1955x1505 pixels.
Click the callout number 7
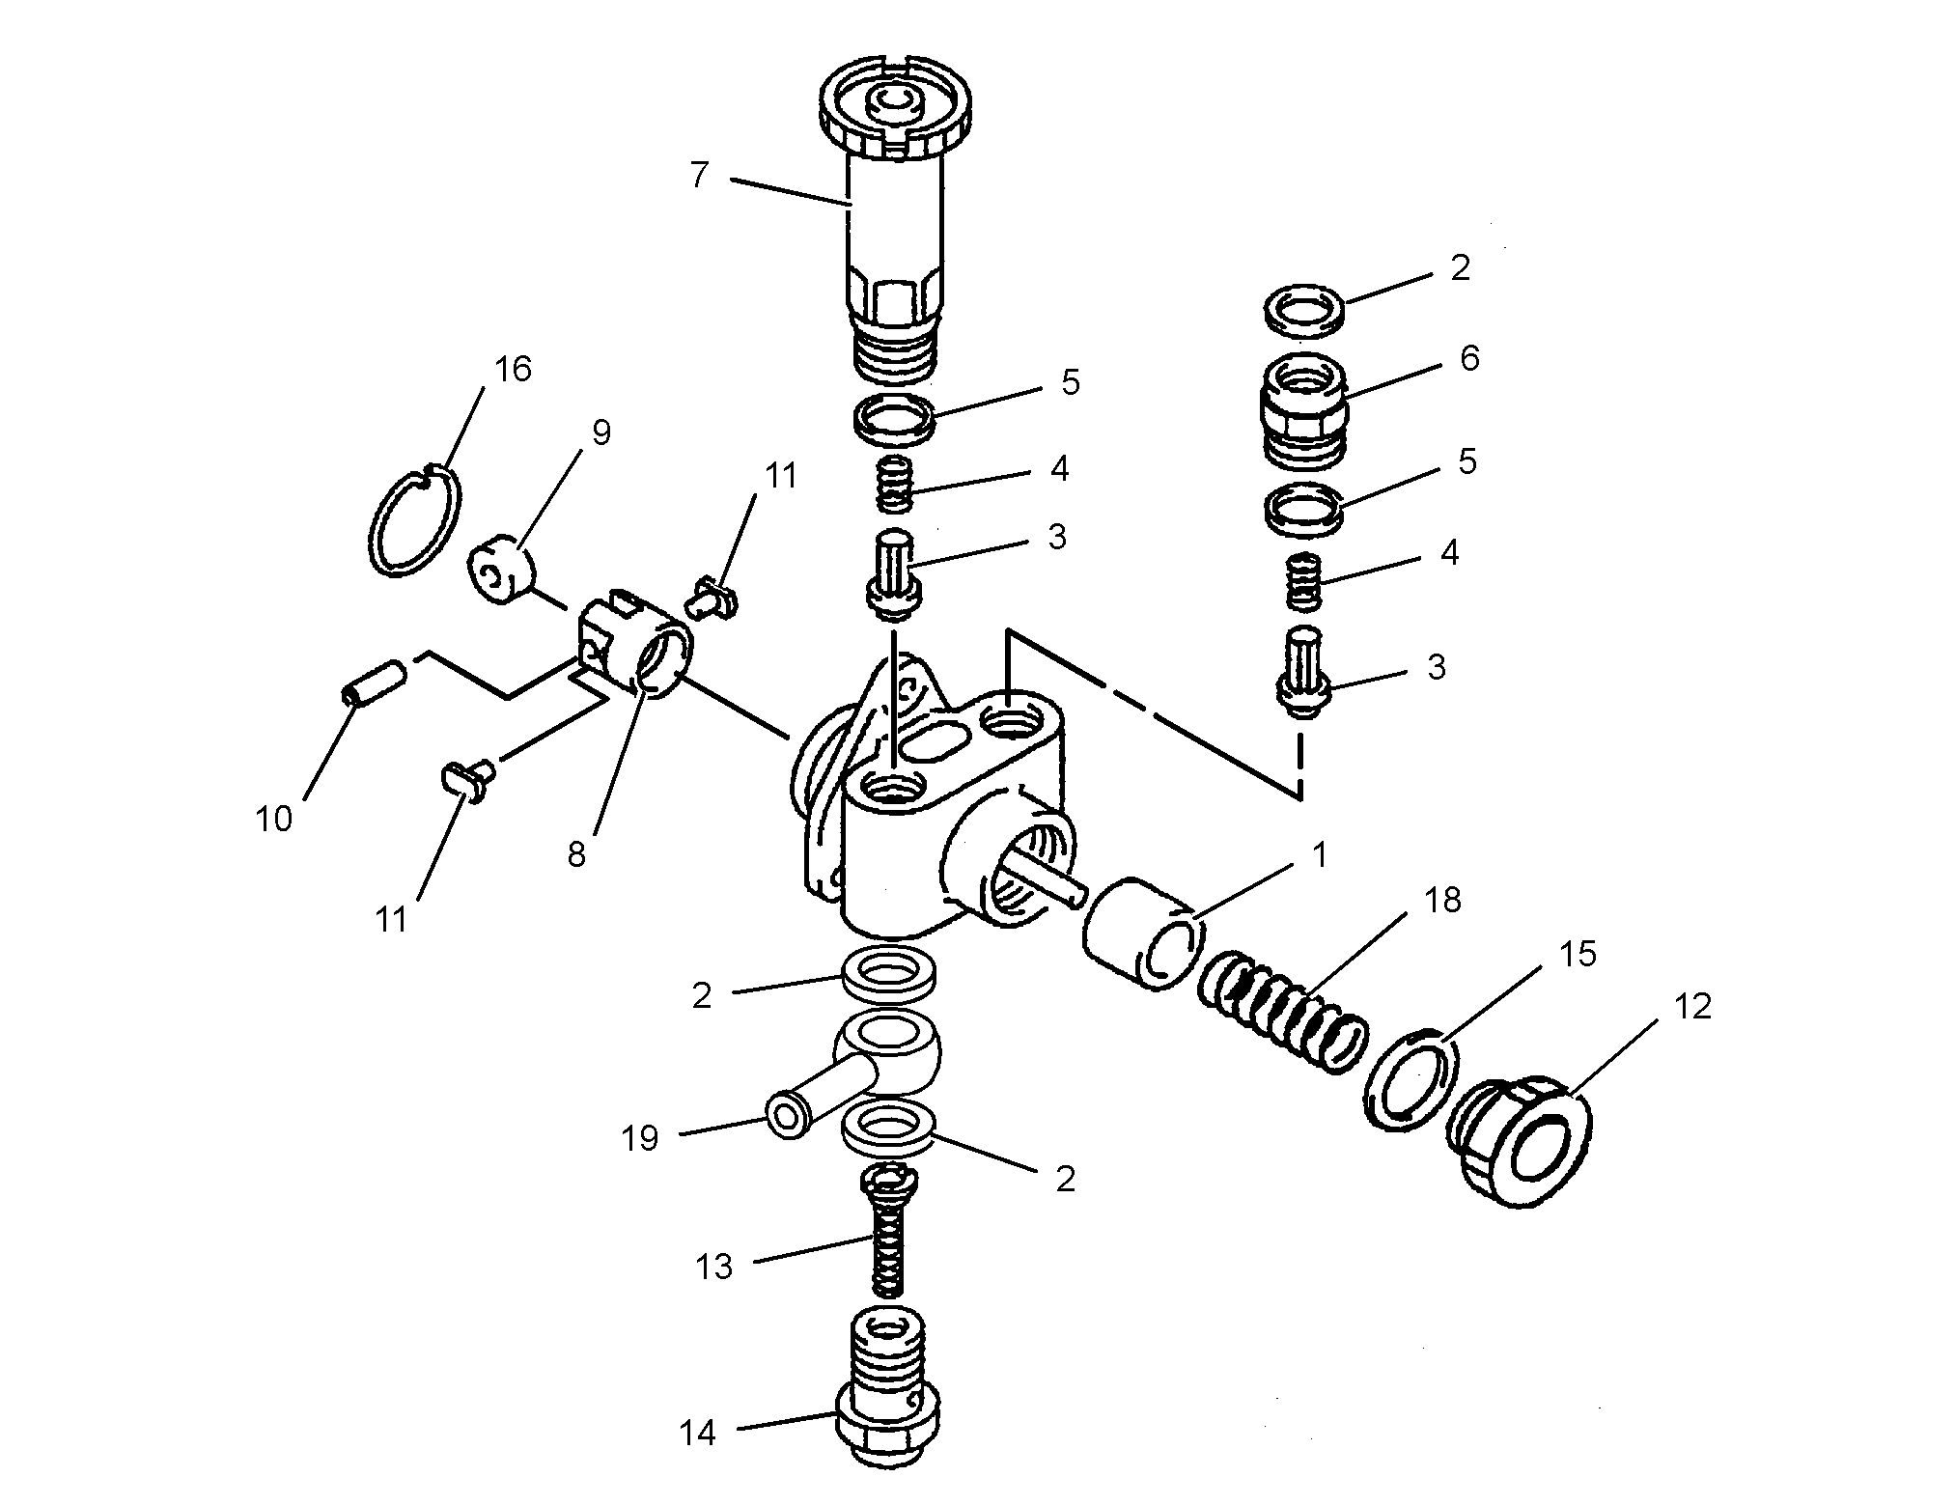coord(700,176)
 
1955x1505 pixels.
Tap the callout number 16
coord(513,369)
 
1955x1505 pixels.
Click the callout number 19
coord(640,1139)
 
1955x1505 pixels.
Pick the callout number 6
coord(1469,359)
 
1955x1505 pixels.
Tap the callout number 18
coord(1442,901)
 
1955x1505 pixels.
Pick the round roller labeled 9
coord(503,577)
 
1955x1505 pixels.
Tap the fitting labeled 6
coord(1301,410)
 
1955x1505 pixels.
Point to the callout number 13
coord(713,1267)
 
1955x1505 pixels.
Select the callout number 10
coord(273,819)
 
